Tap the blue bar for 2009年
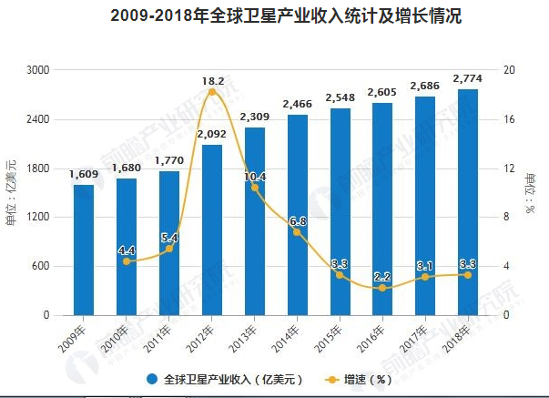pyautogui.click(x=84, y=250)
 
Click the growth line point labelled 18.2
pyautogui.click(x=212, y=92)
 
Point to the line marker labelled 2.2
pyautogui.click(x=382, y=288)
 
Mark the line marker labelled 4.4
pyautogui.click(x=127, y=261)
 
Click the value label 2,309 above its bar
pyautogui.click(x=255, y=117)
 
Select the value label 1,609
pyautogui.click(x=84, y=174)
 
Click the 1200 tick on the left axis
pyautogui.click(x=38, y=218)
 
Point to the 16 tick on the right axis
pyautogui.click(x=509, y=119)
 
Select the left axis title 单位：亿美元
pyautogui.click(x=12, y=192)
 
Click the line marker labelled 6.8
pyautogui.click(x=297, y=232)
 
